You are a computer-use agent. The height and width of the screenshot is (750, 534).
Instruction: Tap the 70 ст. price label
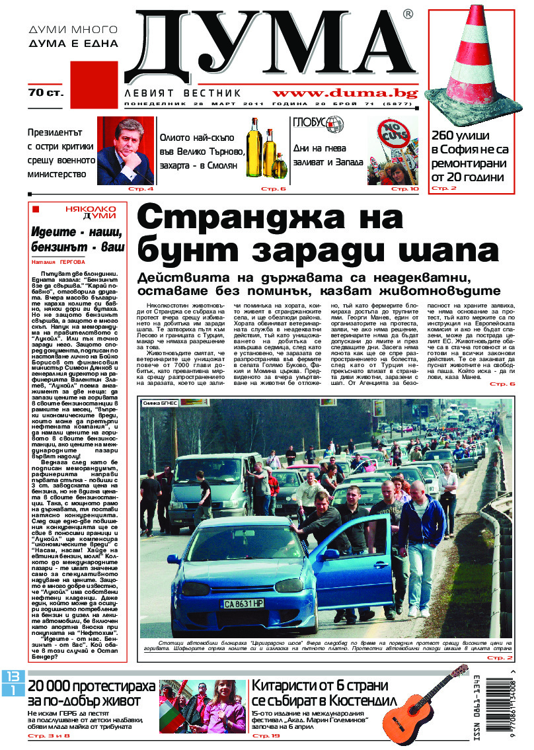46,93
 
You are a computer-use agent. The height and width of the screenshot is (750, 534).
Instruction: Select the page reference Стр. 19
262,735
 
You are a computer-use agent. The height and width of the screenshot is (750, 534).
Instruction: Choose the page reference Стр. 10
405,189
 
